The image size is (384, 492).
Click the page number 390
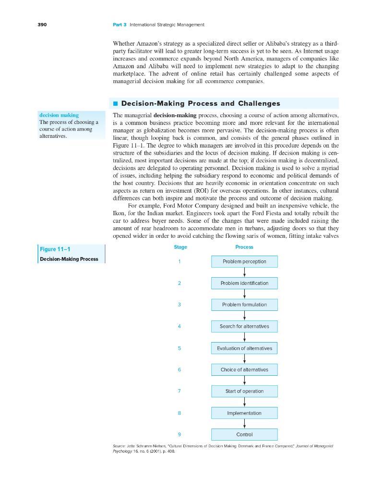43,25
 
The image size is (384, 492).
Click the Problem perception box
244,261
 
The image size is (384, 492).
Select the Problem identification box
244,283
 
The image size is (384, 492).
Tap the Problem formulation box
244,305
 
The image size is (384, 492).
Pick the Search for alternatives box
244,326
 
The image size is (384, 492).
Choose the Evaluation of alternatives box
244,348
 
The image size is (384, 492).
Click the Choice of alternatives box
244,369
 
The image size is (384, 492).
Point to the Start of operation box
244,391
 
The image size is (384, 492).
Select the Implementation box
244,413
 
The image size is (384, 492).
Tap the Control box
244,434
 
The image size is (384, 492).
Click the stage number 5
179,348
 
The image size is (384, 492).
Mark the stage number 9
179,434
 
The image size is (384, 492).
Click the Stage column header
180,247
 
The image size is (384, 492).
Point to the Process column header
244,247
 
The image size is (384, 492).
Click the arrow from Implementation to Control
245,423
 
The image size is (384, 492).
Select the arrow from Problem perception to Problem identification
245,272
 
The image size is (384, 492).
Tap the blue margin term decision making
59,115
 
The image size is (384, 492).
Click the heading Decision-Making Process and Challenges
201,103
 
